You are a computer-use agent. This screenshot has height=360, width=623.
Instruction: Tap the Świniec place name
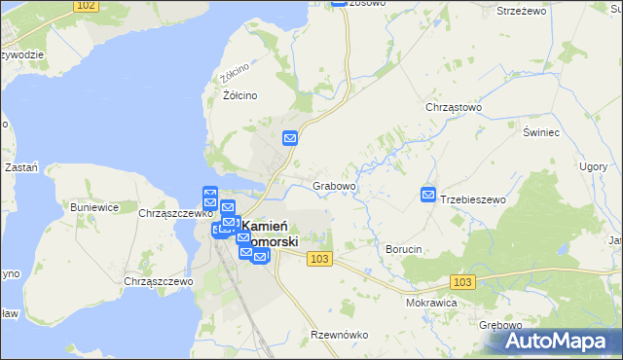click(540, 131)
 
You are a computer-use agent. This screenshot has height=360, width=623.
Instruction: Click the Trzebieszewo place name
click(474, 199)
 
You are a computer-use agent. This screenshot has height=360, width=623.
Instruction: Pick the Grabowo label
click(334, 185)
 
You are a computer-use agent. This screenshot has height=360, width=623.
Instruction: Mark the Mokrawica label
click(432, 303)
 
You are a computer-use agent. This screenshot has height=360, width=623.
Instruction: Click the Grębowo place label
click(501, 325)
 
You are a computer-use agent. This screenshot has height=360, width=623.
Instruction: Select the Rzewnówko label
click(339, 335)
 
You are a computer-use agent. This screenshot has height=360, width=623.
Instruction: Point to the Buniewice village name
click(94, 207)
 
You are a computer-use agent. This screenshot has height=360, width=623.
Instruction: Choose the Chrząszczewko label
click(176, 213)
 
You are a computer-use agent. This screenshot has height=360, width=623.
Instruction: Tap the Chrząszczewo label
click(159, 281)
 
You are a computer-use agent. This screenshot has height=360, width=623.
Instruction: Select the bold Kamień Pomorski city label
click(265, 234)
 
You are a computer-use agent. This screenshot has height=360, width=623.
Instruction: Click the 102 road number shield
click(86, 6)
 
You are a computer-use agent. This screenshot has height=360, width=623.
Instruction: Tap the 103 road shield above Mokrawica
click(464, 281)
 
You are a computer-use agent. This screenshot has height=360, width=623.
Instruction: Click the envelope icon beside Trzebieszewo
click(428, 195)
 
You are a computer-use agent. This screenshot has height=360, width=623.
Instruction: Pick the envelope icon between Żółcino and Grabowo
click(290, 138)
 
